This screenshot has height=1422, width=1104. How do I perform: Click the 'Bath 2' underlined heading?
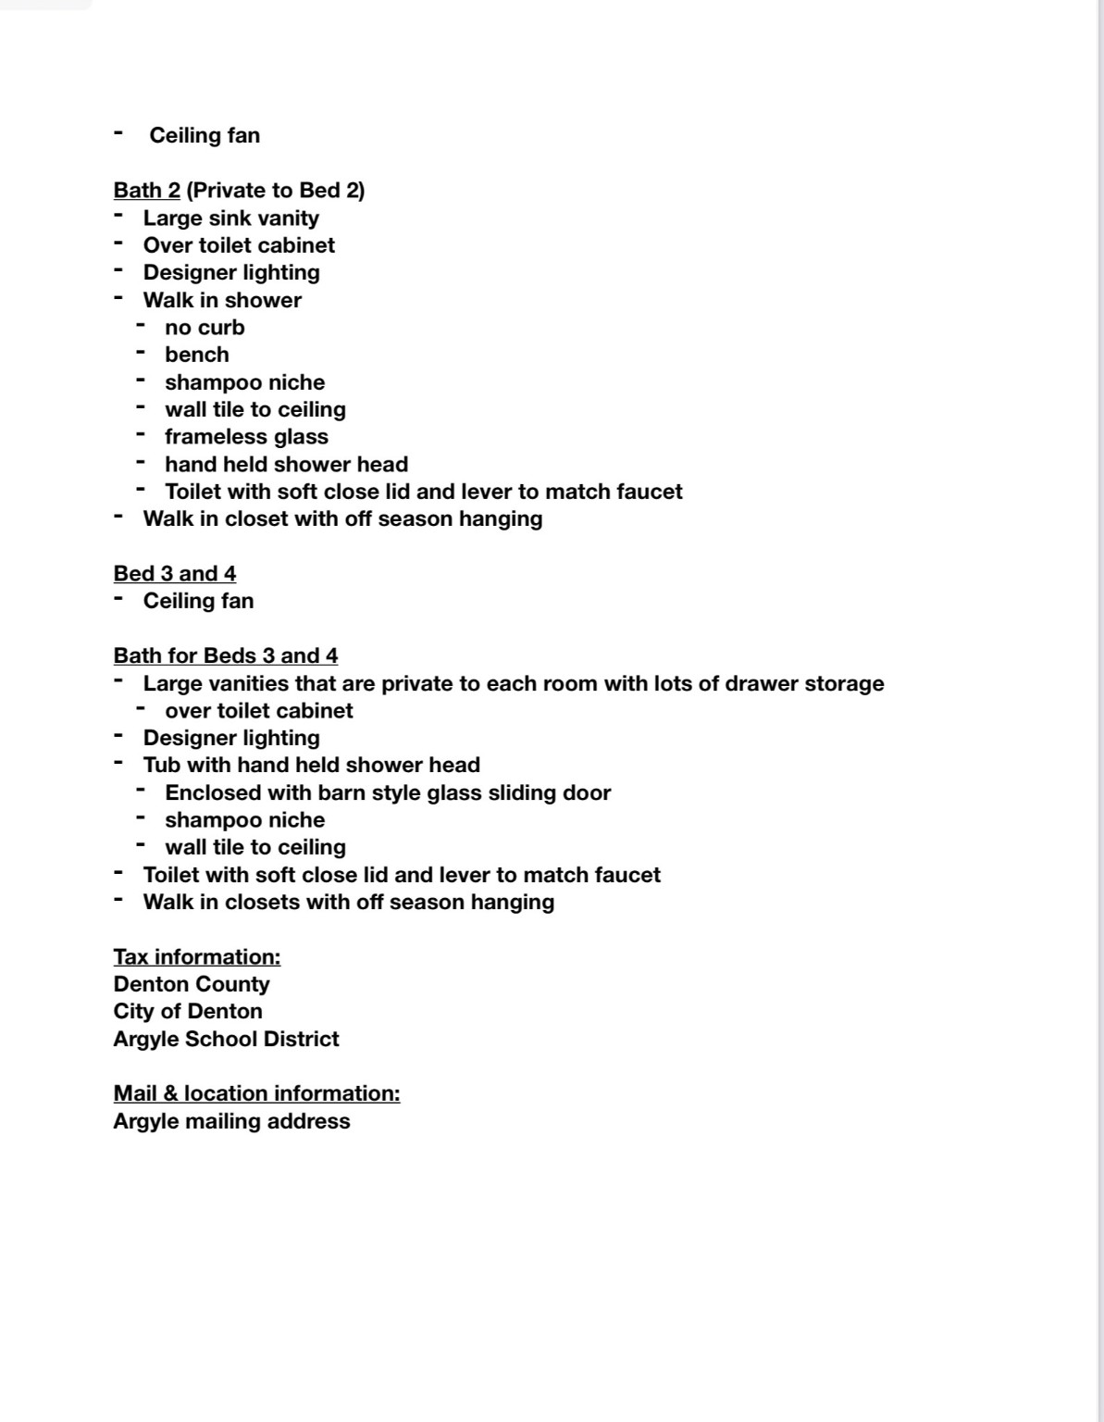[x=146, y=191]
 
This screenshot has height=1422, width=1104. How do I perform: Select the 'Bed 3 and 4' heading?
[x=174, y=574]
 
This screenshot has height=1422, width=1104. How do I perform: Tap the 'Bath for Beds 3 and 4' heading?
[x=225, y=656]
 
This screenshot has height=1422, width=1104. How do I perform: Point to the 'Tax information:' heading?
[x=196, y=956]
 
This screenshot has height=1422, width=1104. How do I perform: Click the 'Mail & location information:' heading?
[x=256, y=1093]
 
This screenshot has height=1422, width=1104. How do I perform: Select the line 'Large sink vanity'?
[x=230, y=218]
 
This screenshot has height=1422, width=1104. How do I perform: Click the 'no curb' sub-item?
[x=205, y=328]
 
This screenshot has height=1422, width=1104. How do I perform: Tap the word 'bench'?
[x=196, y=355]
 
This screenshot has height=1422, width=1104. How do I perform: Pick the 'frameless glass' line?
[x=246, y=437]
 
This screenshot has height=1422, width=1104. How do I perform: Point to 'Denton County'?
[x=191, y=984]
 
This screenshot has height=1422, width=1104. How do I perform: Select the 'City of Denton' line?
[x=187, y=1011]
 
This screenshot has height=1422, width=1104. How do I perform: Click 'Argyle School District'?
[x=226, y=1039]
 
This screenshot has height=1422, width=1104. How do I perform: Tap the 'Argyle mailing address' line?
[x=231, y=1121]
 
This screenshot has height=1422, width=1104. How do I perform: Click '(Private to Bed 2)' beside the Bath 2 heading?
[x=275, y=191]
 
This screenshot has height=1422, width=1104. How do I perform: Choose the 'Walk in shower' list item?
[x=222, y=301]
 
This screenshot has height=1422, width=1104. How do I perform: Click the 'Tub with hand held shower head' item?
[x=311, y=766]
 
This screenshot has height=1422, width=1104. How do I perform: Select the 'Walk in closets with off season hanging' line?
[x=348, y=903]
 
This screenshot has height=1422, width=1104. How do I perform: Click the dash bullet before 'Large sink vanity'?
[x=118, y=217]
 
